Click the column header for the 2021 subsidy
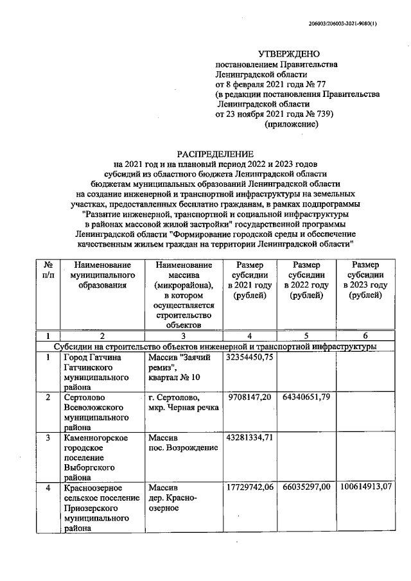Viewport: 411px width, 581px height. pos(249,281)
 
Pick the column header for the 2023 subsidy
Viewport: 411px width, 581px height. pos(365,281)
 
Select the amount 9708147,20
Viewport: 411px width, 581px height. pos(249,397)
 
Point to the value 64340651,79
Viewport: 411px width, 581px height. pos(306,397)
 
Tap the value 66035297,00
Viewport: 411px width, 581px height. pos(306,489)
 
